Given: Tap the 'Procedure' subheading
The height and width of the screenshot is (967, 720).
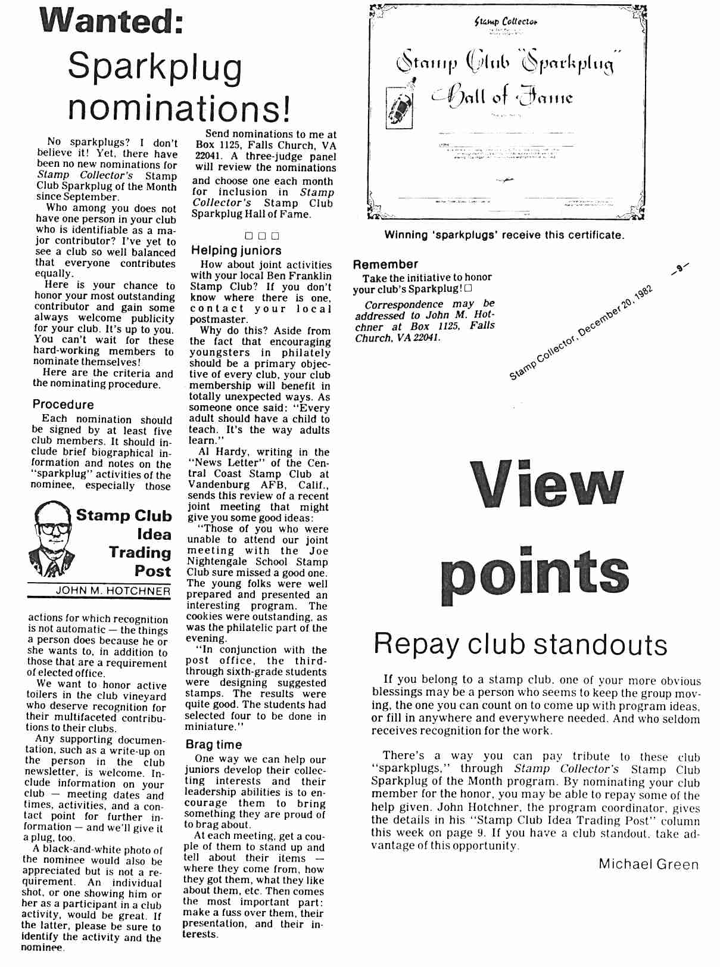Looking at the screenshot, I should (63, 404).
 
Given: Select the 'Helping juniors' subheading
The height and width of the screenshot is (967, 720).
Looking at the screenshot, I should (236, 251).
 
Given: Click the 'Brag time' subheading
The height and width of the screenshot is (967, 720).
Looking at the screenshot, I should (213, 744).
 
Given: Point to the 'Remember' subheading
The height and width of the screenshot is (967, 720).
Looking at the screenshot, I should (385, 264).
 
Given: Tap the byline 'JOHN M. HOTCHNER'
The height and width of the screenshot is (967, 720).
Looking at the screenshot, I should (113, 591).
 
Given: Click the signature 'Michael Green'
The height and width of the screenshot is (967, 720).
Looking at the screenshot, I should (649, 864).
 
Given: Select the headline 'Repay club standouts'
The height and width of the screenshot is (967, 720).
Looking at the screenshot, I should (520, 644).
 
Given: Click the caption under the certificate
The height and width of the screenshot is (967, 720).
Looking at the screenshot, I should (504, 235).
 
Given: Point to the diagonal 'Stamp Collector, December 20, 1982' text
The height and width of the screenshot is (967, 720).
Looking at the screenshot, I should (581, 333).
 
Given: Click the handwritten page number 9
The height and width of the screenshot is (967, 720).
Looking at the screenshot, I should (680, 269).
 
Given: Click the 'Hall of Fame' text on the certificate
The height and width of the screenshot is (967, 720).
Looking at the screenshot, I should (503, 96).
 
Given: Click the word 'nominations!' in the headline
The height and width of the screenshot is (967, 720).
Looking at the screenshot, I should (179, 107).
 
